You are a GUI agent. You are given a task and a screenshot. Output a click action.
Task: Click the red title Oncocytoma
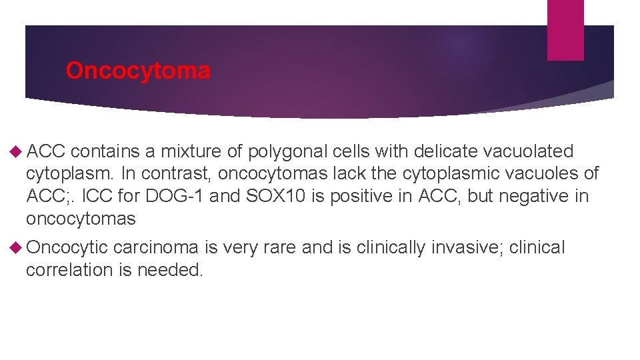point(138,71)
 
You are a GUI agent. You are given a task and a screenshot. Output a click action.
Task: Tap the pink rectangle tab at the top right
point(565,29)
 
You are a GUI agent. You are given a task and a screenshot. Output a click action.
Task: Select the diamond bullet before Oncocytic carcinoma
point(17,248)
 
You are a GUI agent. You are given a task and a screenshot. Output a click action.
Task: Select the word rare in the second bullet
point(280,248)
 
